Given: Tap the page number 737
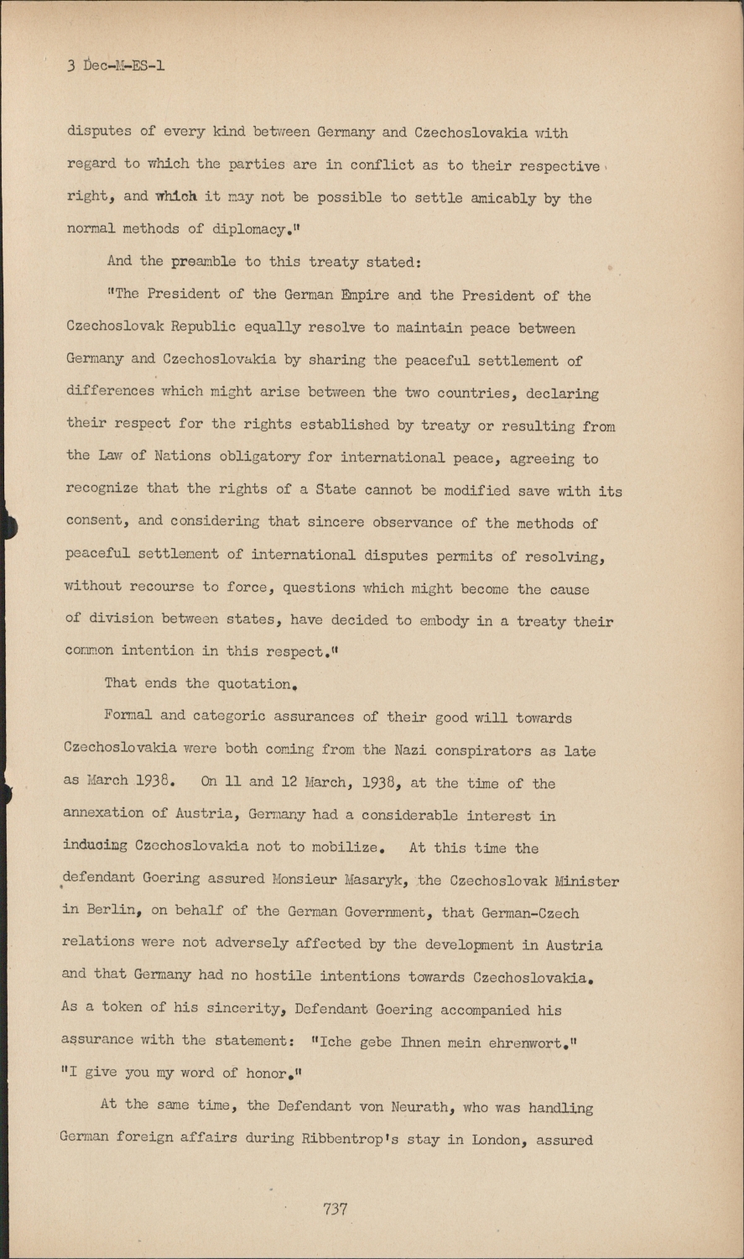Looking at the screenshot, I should click(x=335, y=1209).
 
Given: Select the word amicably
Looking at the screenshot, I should click(x=504, y=198).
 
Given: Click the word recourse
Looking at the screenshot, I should click(x=161, y=587).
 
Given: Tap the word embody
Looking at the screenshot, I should click(x=452, y=621).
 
